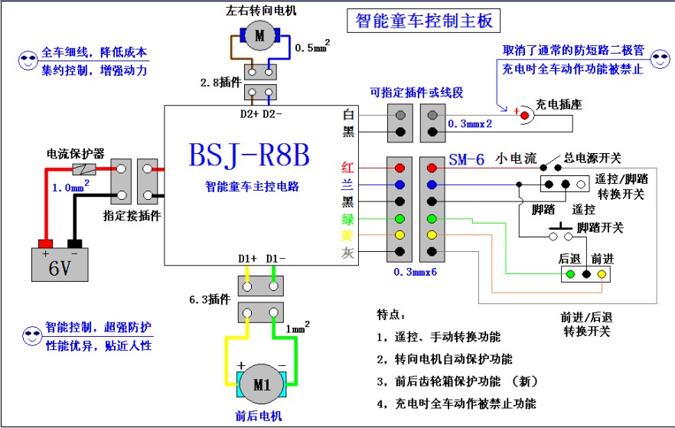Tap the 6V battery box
pos(54,264)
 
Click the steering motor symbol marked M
pos(259,34)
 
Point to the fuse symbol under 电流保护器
pos(83,169)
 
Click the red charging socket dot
pos(525,116)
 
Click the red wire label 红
pos(347,168)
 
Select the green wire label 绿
pos(347,219)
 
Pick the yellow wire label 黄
pos(347,235)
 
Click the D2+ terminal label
pos(249,115)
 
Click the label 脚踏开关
pos(600,227)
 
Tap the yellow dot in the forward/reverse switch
pos(602,274)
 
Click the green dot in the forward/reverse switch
pos(569,274)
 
